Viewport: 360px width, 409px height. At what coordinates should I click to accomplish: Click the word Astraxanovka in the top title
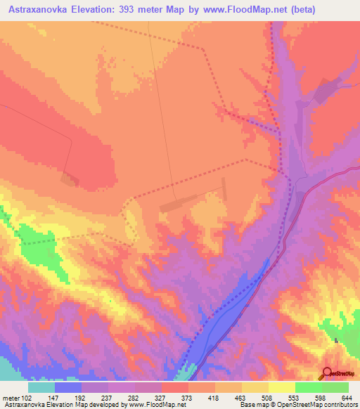tap(33, 9)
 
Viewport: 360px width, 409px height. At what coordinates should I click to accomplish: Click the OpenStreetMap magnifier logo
tap(328, 373)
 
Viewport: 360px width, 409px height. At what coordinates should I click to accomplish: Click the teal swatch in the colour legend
tap(41, 387)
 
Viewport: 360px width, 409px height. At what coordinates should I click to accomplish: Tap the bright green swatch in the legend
tap(308, 387)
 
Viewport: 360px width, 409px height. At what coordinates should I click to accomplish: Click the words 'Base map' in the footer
tap(252, 405)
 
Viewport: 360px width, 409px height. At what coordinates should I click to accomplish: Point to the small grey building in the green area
tap(336, 342)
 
